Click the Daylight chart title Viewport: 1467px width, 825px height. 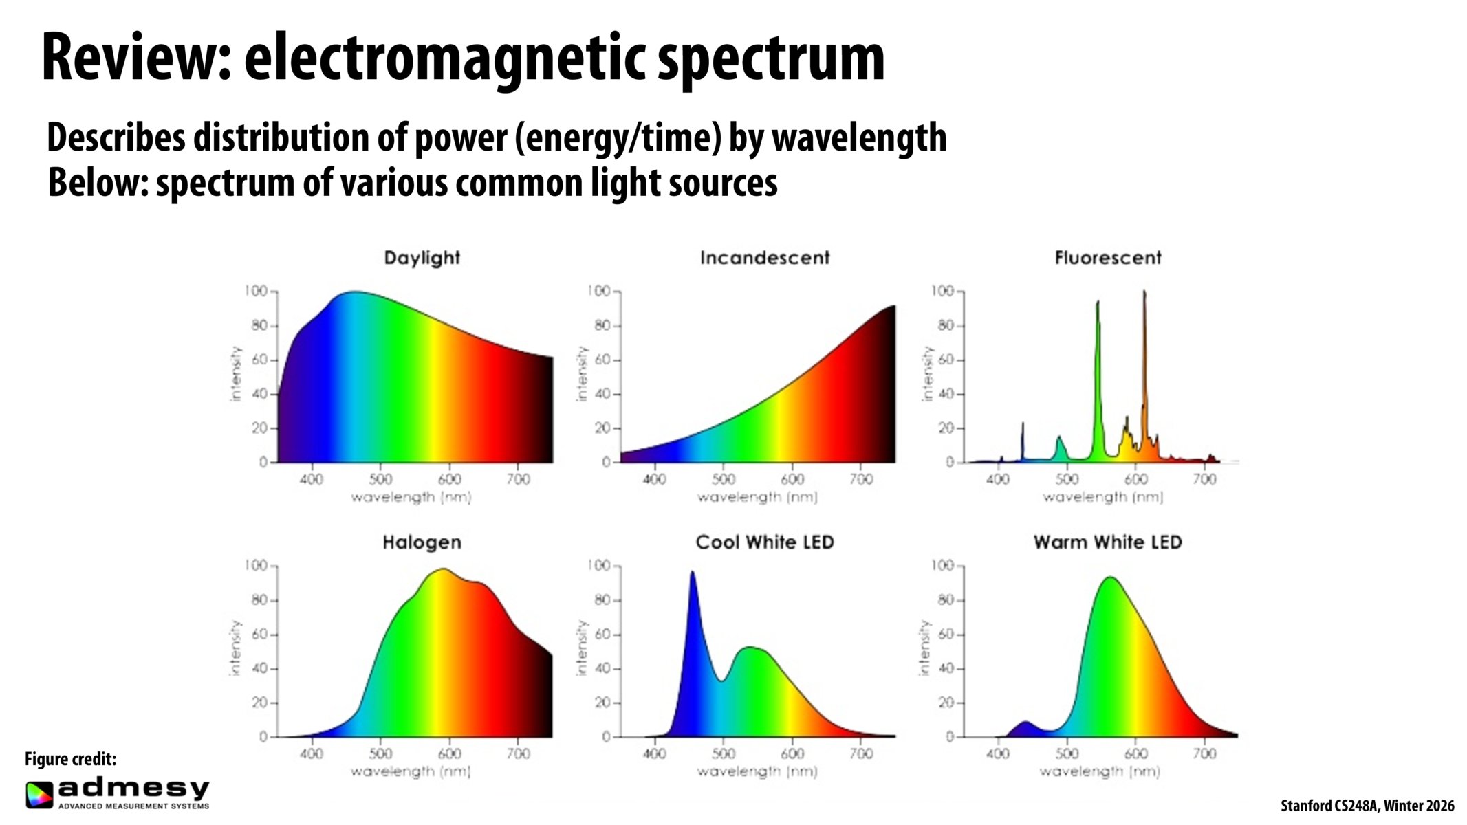tap(422, 258)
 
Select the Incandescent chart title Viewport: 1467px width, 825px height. tap(765, 258)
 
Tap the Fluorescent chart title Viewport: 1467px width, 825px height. tap(1107, 258)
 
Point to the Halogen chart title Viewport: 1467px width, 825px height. tap(422, 542)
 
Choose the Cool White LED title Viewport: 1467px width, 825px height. tap(765, 542)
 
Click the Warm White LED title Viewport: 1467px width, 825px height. tap(1107, 542)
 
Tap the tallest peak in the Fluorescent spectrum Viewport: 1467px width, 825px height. tap(1144, 293)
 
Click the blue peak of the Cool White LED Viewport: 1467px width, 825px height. tap(692, 573)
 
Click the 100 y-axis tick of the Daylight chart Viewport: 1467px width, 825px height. tap(255, 291)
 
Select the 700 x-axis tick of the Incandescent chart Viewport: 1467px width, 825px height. tap(861, 478)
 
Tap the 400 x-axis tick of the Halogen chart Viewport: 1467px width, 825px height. tap(312, 753)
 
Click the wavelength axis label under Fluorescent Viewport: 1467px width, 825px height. tap(1102, 497)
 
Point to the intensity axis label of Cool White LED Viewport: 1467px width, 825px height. tap(582, 648)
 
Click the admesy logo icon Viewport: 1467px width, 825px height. tap(39, 795)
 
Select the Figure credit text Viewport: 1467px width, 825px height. tap(70, 759)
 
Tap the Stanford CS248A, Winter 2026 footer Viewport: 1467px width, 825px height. tap(1367, 806)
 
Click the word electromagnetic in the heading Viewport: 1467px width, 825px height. tap(444, 58)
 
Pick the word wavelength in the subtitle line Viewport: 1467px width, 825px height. tap(859, 137)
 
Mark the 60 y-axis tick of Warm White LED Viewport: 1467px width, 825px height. tap(946, 635)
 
